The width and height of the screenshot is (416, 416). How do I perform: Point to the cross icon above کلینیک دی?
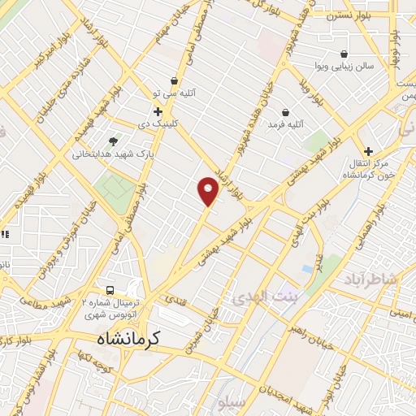[158, 110]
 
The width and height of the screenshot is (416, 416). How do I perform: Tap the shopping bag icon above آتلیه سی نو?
[174, 80]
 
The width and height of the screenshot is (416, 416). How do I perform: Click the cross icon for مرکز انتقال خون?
[368, 151]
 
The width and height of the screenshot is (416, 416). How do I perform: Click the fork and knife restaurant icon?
[5, 235]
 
